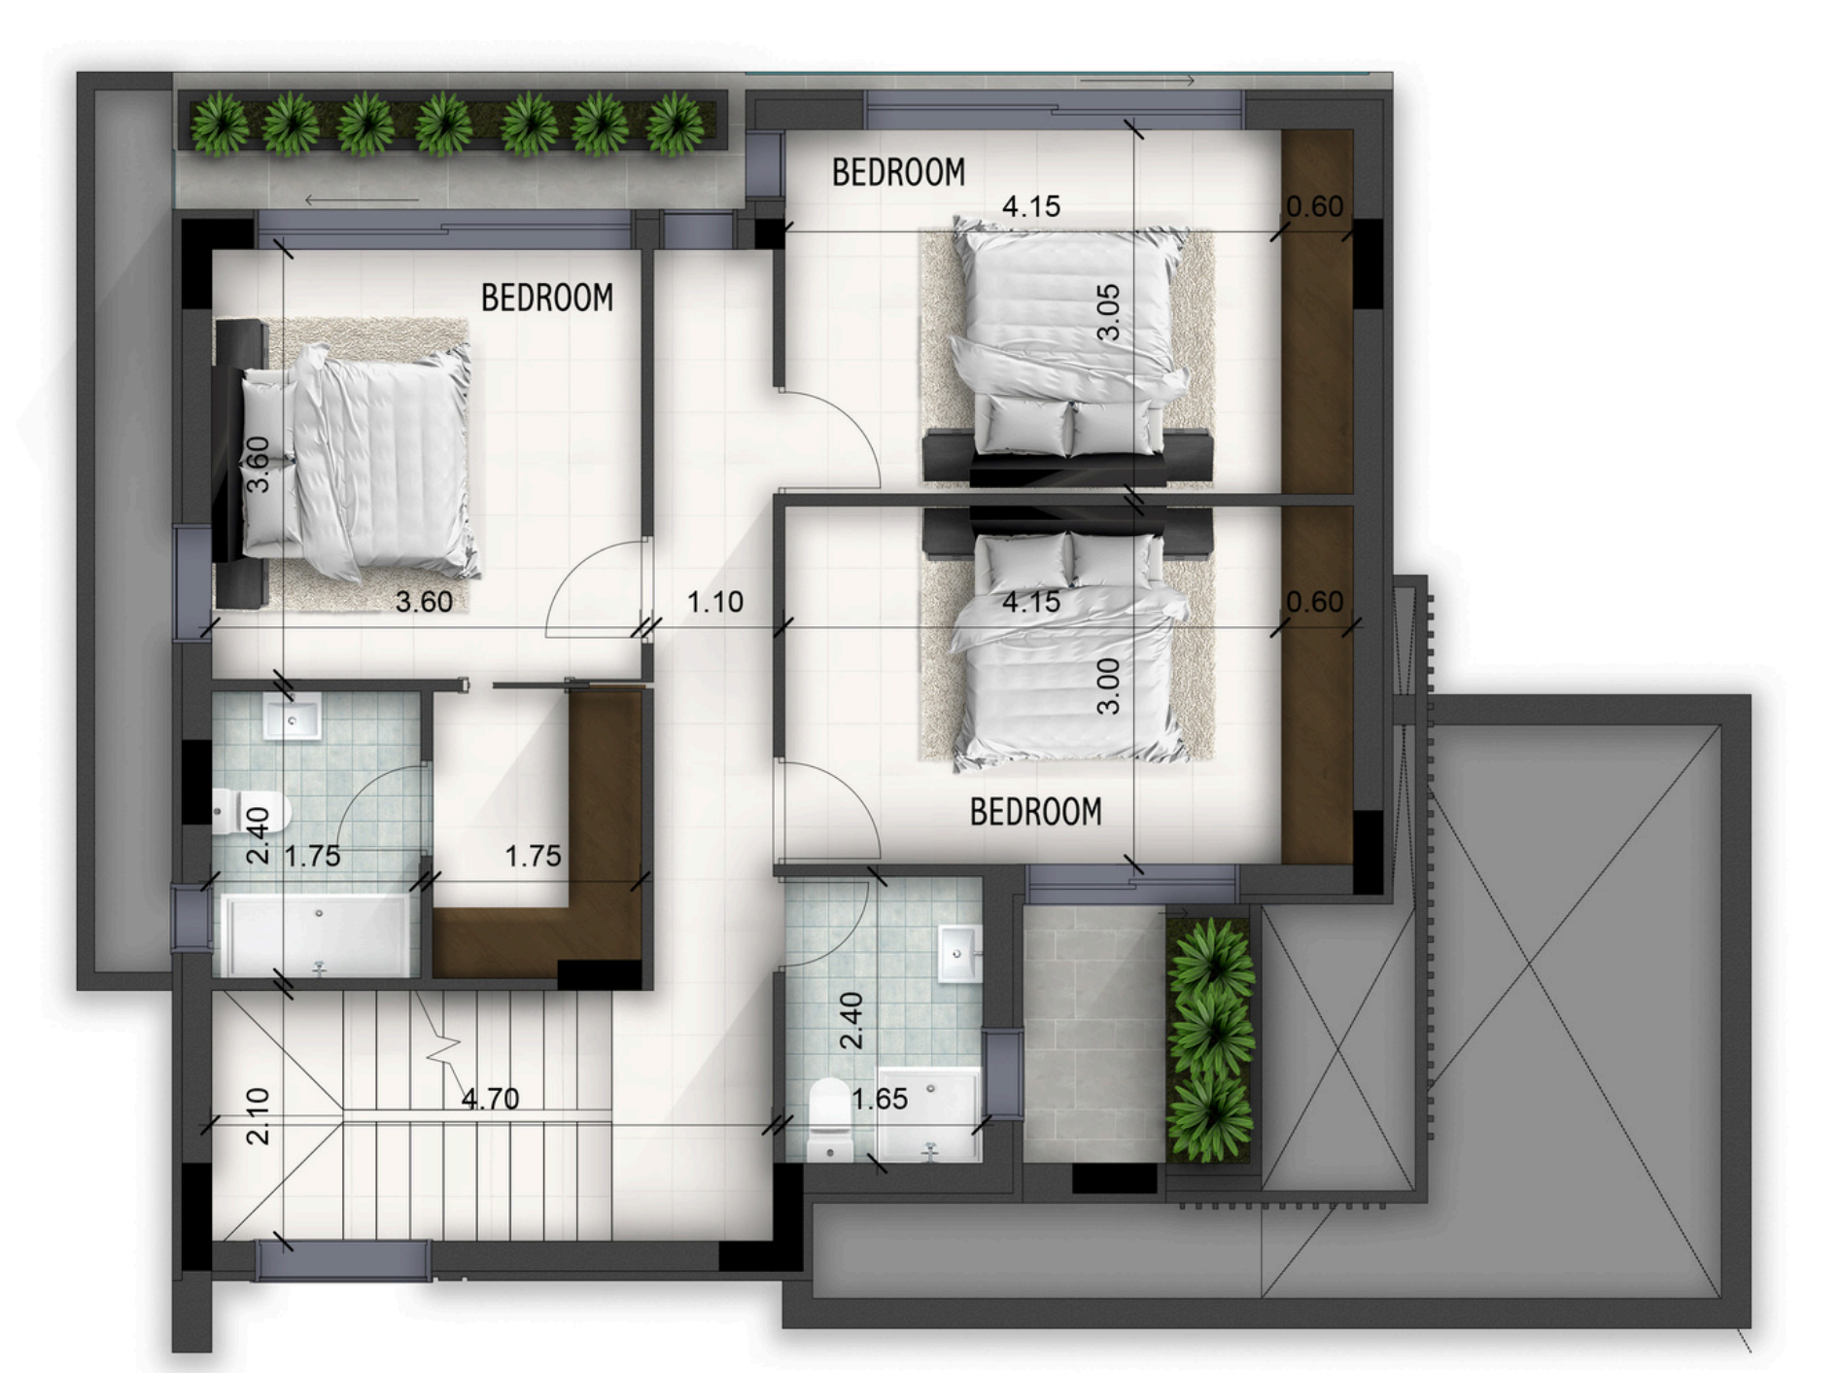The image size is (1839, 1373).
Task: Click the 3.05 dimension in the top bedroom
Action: [x=1108, y=311]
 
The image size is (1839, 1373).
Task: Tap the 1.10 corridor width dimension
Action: [x=715, y=602]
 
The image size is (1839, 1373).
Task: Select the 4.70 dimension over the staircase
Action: [x=490, y=1099]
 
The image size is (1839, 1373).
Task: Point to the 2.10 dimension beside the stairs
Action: [x=258, y=1115]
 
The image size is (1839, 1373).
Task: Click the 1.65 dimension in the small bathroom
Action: [x=880, y=1099]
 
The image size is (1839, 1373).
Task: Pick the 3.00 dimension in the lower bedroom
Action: [x=1108, y=686]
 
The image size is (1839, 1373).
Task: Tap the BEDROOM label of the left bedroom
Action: [x=547, y=298]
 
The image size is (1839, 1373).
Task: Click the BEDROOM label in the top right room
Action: [x=898, y=172]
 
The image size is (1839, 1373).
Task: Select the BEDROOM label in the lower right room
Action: [x=1036, y=812]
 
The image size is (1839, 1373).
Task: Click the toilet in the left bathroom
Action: [x=251, y=811]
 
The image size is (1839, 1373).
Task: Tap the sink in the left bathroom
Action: [x=292, y=717]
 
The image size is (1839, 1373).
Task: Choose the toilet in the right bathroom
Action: [x=830, y=1119]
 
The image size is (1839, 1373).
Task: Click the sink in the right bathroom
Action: [x=958, y=953]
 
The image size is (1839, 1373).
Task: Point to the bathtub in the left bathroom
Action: [x=316, y=935]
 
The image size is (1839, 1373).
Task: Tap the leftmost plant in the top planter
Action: [x=219, y=124]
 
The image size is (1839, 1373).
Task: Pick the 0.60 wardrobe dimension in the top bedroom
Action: [x=1314, y=206]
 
